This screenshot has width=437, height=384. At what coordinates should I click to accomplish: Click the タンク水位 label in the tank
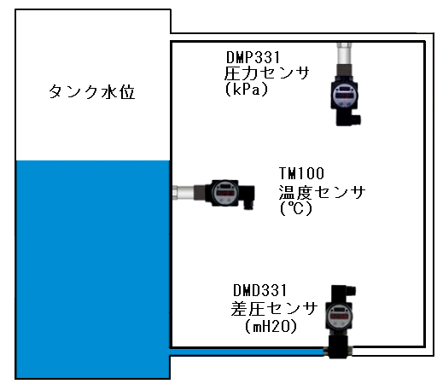pyautogui.click(x=91, y=91)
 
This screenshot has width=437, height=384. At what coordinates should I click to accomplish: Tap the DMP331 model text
pyautogui.click(x=253, y=57)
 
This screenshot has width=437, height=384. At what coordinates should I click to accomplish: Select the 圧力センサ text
pyautogui.click(x=266, y=73)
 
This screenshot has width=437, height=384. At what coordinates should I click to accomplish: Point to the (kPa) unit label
pyautogui.click(x=247, y=90)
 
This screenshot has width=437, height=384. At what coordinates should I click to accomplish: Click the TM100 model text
pyautogui.click(x=301, y=173)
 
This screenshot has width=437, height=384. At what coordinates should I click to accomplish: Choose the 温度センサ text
pyautogui.click(x=322, y=192)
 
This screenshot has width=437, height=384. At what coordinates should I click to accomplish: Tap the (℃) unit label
pyautogui.click(x=296, y=208)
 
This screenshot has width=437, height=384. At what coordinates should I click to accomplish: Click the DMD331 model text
pyautogui.click(x=259, y=291)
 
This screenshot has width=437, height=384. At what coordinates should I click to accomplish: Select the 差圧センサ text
pyautogui.click(x=274, y=308)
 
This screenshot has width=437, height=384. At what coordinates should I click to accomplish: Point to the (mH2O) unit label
pyautogui.click(x=271, y=326)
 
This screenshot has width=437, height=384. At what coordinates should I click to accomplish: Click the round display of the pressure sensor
pyautogui.click(x=345, y=96)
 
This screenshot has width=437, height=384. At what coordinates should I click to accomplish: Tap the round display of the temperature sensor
pyautogui.click(x=225, y=193)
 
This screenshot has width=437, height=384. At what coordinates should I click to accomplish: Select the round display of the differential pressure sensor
pyautogui.click(x=340, y=317)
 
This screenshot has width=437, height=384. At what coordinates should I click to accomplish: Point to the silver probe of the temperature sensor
pyautogui.click(x=184, y=192)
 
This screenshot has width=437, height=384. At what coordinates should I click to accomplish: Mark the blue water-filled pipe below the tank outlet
pyautogui.click(x=248, y=352)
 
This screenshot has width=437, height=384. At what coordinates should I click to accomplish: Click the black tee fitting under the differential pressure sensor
pyautogui.click(x=338, y=347)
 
